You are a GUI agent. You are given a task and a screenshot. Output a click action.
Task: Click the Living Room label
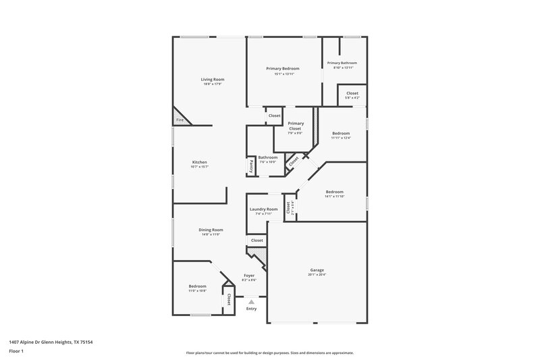(212, 79)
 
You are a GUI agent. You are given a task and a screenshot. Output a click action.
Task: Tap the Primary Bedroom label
(282, 68)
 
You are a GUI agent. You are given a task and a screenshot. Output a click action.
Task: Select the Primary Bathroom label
(342, 63)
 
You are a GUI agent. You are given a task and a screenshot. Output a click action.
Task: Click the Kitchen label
(199, 162)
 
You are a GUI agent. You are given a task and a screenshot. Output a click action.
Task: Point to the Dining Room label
(211, 230)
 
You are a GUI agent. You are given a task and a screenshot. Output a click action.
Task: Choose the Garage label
(317, 269)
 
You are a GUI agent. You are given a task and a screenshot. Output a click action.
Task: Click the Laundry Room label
(263, 209)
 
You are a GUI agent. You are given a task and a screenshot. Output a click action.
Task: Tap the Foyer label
(249, 276)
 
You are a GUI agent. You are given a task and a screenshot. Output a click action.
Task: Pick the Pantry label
(251, 164)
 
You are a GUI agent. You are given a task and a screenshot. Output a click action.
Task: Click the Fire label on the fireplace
(180, 120)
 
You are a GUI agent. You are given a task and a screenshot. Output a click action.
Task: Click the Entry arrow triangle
(251, 302)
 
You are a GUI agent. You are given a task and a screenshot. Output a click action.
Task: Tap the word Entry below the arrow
(251, 309)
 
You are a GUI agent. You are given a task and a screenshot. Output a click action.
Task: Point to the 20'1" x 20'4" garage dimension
(317, 275)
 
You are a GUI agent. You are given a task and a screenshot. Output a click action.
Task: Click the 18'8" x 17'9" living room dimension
(212, 84)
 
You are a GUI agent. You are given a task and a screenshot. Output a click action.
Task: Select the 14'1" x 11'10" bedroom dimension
(335, 196)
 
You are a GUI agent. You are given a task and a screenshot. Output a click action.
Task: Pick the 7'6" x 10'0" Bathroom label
(268, 157)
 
